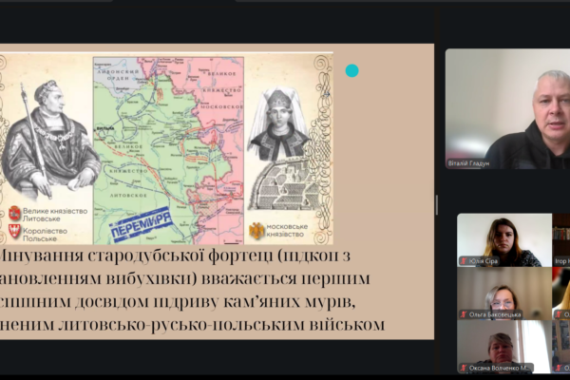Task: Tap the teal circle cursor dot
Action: [x=351, y=70]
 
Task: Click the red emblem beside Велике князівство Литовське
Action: [x=14, y=213]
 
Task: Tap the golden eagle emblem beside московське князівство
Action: [x=256, y=230]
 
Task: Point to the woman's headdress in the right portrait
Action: [x=279, y=102]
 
